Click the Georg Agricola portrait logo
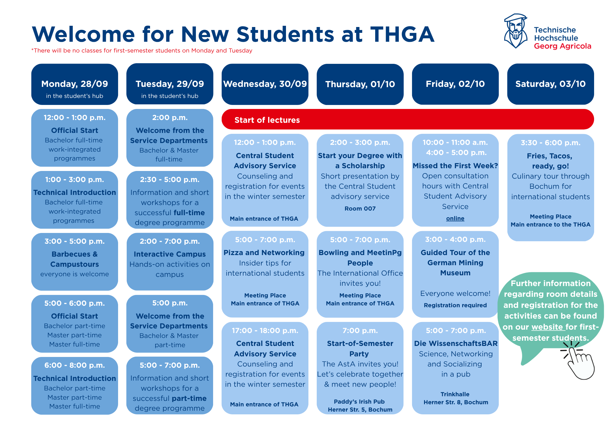point(516,31)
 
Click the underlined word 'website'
point(548,327)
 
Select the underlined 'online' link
point(455,218)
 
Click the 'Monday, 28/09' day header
point(74,84)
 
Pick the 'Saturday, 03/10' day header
point(550,84)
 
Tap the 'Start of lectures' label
point(267,120)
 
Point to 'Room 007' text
point(360,208)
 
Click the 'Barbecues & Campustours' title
point(74,259)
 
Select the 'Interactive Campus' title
point(170,254)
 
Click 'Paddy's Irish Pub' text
point(359,401)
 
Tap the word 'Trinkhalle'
point(455,394)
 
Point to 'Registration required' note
point(455,305)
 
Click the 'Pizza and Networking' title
point(264,253)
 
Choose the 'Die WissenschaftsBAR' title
point(456,343)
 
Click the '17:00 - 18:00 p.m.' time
point(265,331)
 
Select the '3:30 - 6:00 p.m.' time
point(550,143)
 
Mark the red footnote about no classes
point(142,51)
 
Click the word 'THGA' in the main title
point(402,34)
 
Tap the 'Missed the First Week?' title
point(455,166)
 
